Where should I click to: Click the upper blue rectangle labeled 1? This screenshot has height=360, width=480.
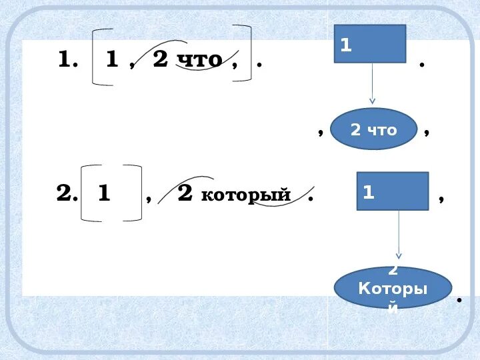369,44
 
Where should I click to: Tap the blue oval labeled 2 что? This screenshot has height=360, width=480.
373,129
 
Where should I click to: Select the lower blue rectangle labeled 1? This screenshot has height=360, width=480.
392,191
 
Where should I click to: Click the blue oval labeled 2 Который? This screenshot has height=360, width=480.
393,288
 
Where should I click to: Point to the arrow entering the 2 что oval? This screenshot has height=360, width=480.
372,101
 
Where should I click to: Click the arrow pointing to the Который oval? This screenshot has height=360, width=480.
399,253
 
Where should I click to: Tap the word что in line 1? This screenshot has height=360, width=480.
200,60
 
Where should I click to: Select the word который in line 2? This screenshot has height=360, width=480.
246,195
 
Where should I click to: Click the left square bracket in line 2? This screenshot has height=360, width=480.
87,193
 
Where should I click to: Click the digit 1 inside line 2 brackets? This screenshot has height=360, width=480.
103,194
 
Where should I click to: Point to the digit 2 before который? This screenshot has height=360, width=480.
185,193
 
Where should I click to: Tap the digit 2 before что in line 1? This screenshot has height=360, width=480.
160,59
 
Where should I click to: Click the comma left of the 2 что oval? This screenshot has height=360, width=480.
321,132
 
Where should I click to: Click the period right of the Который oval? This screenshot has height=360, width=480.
460,301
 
